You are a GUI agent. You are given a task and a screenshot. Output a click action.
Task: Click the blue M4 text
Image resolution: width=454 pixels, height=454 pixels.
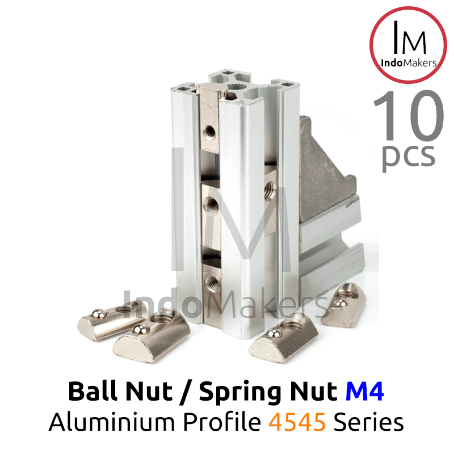364,392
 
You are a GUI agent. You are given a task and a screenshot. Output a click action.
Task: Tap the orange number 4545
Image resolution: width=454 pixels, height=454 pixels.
297,422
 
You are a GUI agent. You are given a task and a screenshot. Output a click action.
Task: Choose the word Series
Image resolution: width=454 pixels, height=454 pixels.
368,422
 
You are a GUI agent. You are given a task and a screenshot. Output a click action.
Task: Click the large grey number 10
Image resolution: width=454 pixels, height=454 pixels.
408,115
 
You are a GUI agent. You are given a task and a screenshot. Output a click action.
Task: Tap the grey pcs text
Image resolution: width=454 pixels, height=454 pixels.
408,157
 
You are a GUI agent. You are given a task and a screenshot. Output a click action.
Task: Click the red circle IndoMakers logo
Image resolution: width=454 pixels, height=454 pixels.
408,45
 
